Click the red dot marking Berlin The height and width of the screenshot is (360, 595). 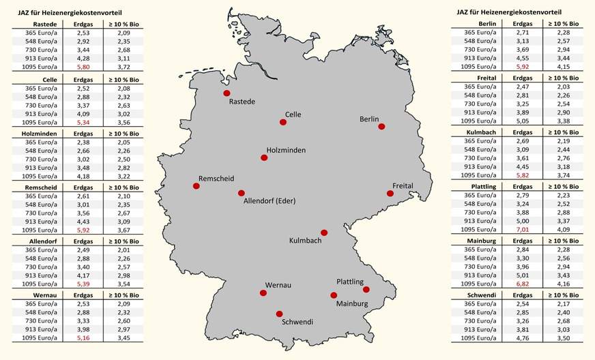click(x=382, y=127)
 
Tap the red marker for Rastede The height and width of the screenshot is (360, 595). click(x=226, y=93)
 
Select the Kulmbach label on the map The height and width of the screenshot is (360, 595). click(x=305, y=241)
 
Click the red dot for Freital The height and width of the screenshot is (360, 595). click(x=390, y=194)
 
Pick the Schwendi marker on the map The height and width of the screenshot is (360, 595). click(x=278, y=314)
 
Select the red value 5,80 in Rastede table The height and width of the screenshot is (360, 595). click(x=84, y=67)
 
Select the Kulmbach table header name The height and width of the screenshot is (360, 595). click(x=482, y=132)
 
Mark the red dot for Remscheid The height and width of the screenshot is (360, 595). click(x=197, y=185)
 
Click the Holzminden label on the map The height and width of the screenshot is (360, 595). click(x=286, y=149)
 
